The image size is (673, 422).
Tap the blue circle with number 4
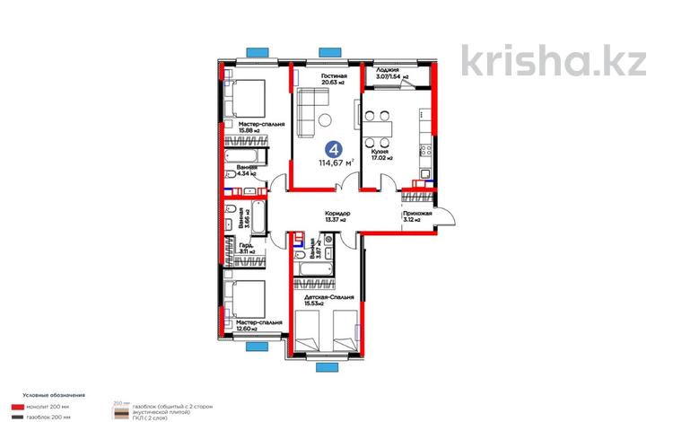pyautogui.click(x=334, y=150)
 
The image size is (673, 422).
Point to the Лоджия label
pyautogui.click(x=389, y=69)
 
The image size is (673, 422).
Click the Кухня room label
pyautogui.click(x=380, y=153)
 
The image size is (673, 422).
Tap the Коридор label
pyautogui.click(x=337, y=215)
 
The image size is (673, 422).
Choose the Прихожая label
pyautogui.click(x=417, y=214)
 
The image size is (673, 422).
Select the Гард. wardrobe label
pyautogui.click(x=246, y=248)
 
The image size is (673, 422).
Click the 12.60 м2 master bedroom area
pyautogui.click(x=243, y=329)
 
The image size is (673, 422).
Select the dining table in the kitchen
pyautogui.click(x=380, y=127)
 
